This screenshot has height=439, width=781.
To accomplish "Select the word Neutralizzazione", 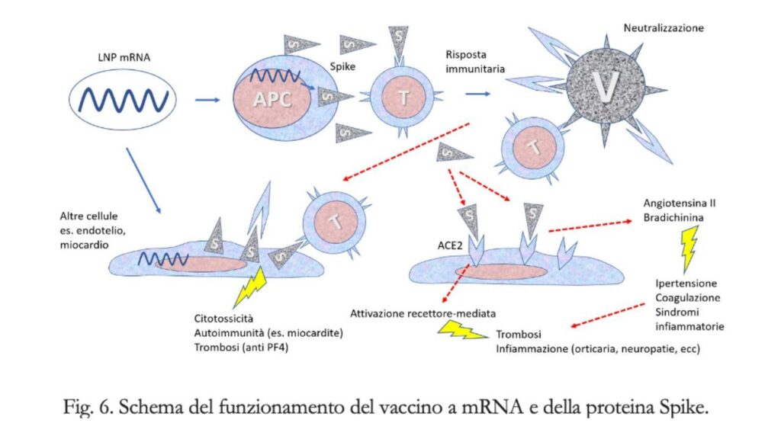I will tap(664, 28).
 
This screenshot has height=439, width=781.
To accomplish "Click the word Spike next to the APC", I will tap(343, 66).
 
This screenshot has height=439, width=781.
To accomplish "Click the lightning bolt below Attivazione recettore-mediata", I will tap(461, 330).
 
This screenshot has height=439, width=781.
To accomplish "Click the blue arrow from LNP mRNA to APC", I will tap(207, 99).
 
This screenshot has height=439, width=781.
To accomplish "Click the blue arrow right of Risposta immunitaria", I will tap(477, 94).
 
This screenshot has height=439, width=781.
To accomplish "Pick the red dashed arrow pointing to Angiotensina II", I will tap(591, 223).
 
